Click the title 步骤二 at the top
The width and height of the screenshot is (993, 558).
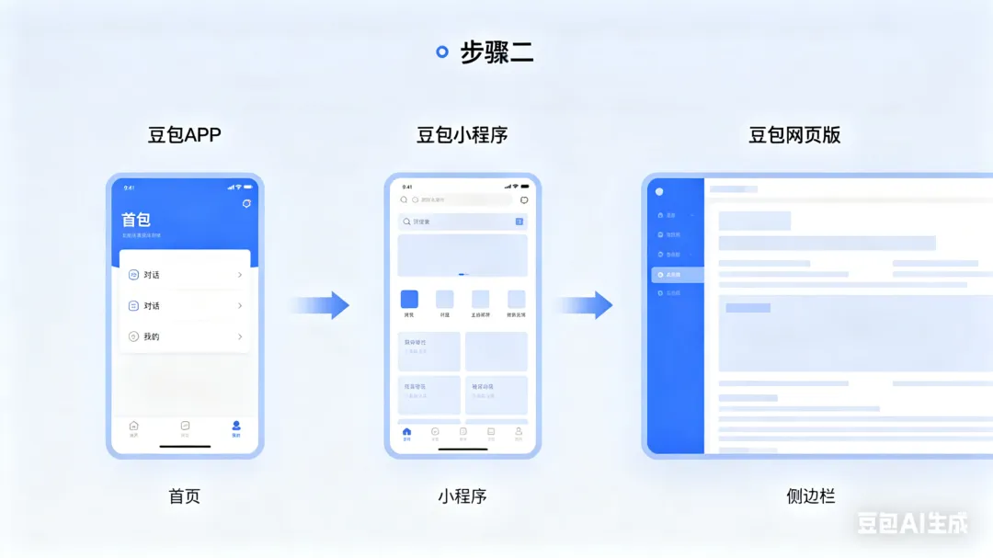(x=496, y=52)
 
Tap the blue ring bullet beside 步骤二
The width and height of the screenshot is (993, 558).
(x=442, y=52)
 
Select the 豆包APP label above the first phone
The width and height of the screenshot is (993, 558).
(x=185, y=135)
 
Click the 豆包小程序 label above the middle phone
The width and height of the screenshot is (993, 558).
(x=462, y=135)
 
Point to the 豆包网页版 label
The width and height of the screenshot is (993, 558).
(x=794, y=135)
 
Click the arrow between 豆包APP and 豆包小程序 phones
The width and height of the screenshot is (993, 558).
(x=321, y=305)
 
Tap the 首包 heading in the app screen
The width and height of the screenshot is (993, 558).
(x=136, y=220)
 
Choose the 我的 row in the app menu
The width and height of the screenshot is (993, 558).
(x=185, y=336)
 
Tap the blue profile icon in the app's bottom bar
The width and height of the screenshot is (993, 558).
(x=236, y=427)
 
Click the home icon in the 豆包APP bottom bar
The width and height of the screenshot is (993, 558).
(x=134, y=427)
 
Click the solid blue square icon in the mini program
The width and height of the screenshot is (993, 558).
(x=409, y=299)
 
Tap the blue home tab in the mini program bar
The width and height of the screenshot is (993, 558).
(x=407, y=431)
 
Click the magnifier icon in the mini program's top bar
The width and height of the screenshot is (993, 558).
(x=404, y=199)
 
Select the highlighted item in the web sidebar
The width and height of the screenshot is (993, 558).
(x=677, y=275)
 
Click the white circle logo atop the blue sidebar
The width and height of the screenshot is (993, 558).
(x=659, y=192)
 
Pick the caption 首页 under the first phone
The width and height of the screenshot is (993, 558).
(x=185, y=496)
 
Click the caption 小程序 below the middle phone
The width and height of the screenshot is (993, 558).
(x=462, y=496)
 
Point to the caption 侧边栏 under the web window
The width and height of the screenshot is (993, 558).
(x=811, y=496)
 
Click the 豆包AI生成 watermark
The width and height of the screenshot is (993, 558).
(x=913, y=523)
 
